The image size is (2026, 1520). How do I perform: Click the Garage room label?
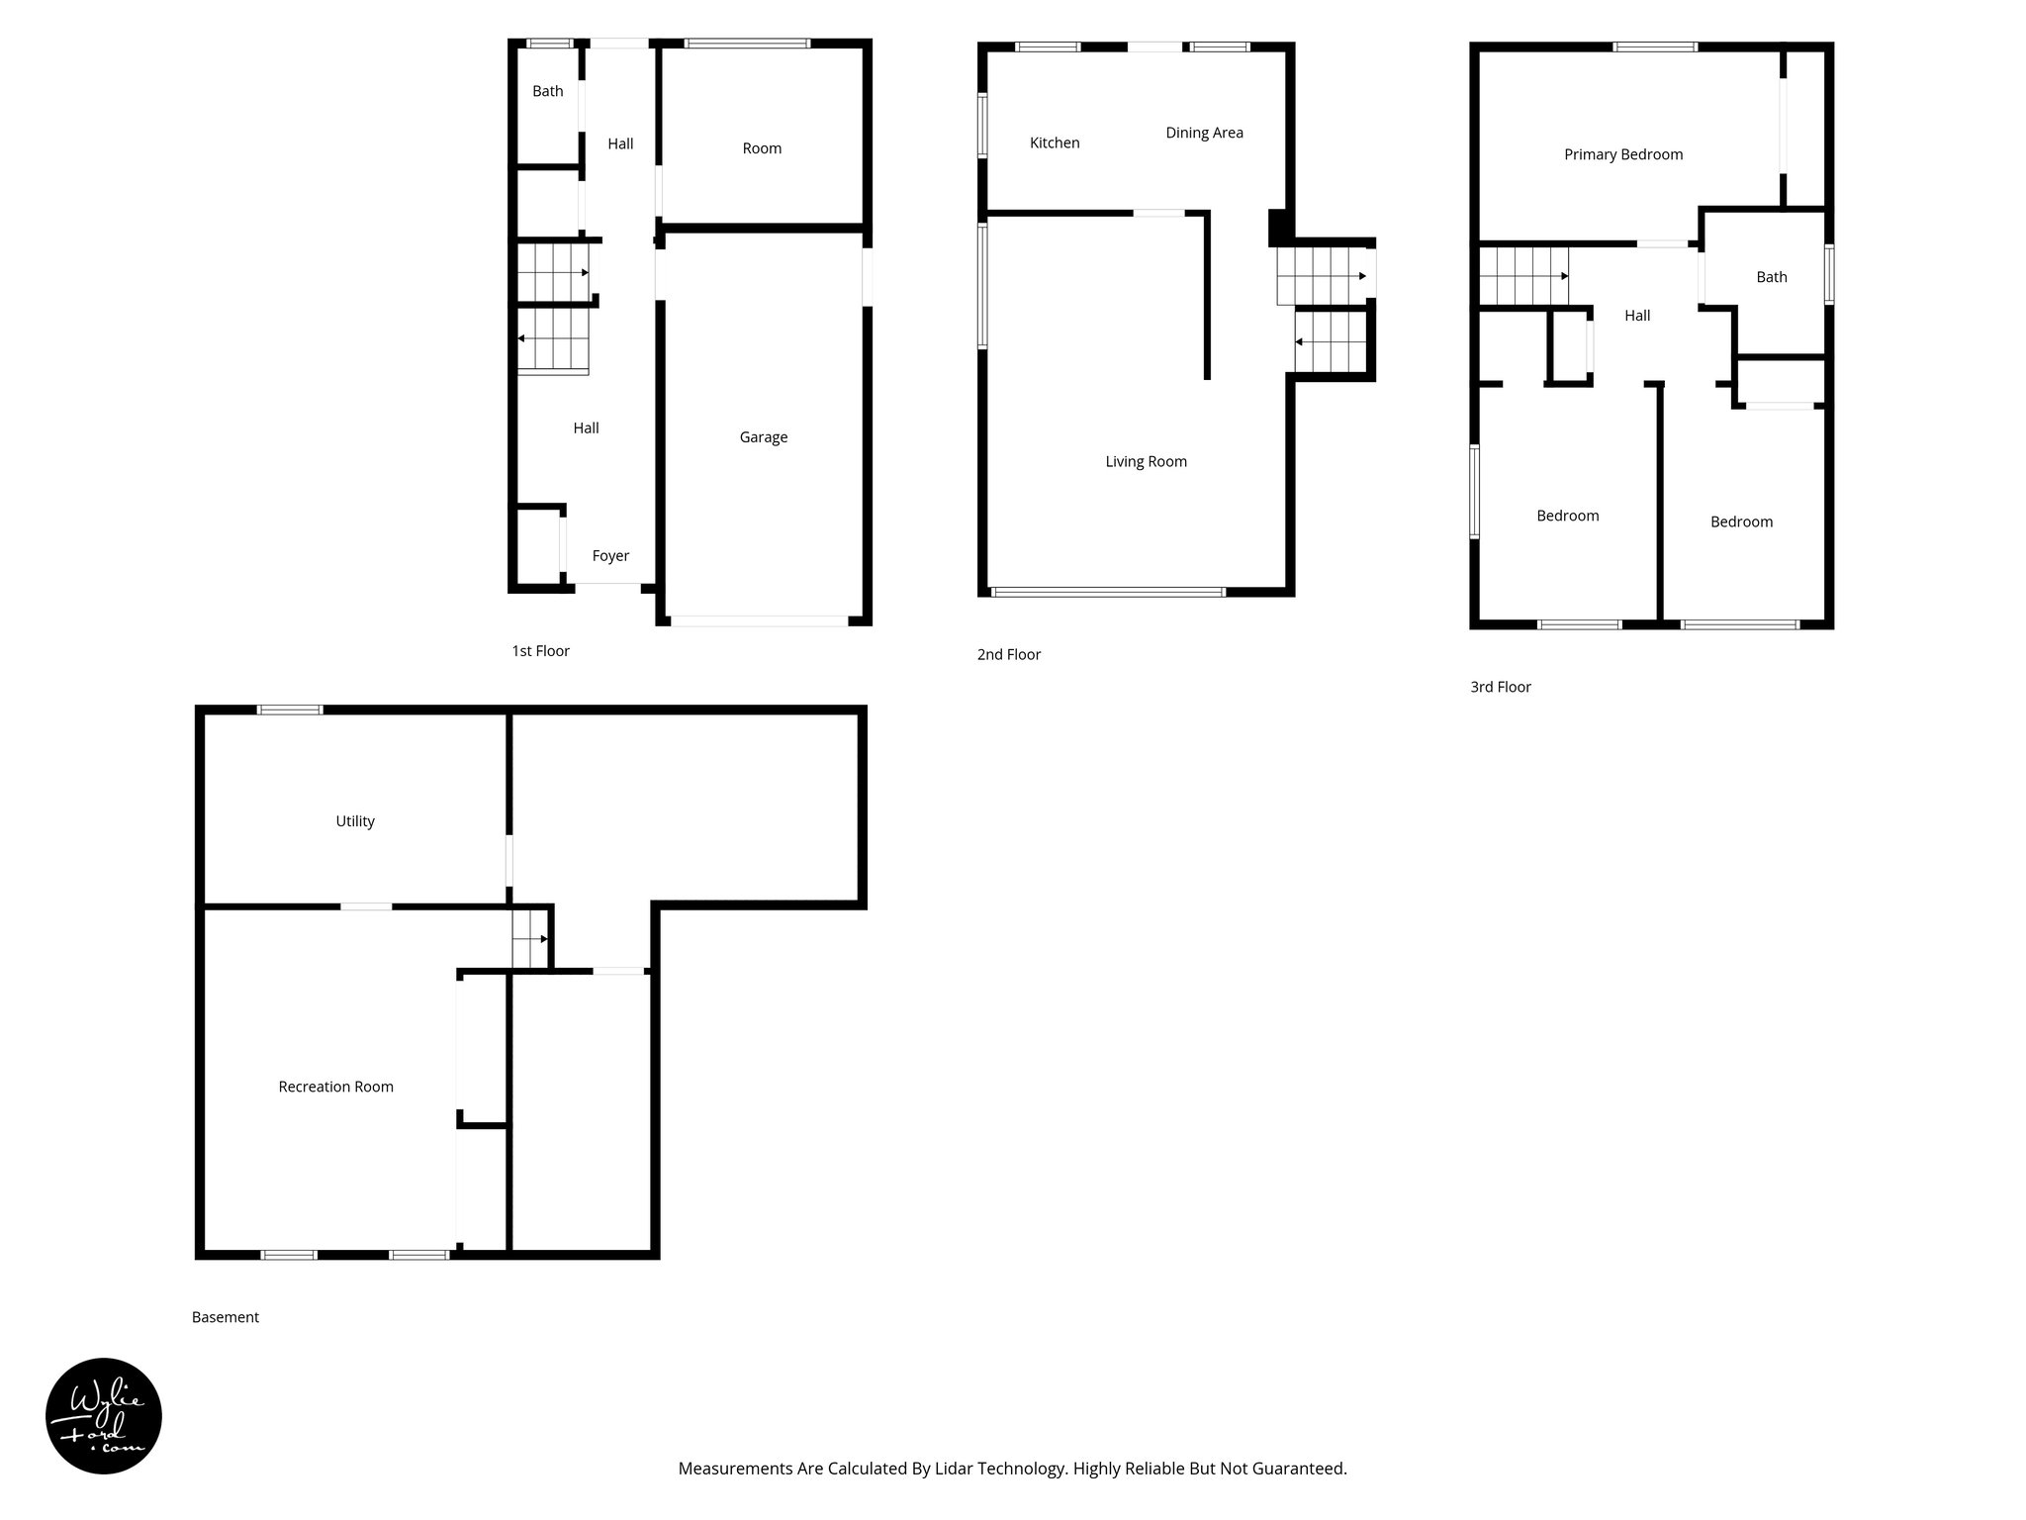tap(763, 437)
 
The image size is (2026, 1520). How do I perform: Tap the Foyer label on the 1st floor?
tap(610, 556)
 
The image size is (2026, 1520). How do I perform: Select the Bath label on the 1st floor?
tap(547, 91)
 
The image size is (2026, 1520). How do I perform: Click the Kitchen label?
tap(1055, 142)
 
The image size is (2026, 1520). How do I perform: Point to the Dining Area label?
tap(1204, 133)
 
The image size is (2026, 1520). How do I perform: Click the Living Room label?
tap(1146, 461)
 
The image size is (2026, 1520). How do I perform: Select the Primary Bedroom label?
tap(1622, 154)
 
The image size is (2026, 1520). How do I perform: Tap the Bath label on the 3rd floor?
tap(1771, 277)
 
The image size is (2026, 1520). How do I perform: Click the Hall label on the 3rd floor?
tap(1637, 316)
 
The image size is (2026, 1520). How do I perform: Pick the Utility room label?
tap(355, 821)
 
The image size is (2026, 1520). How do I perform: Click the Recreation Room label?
tap(335, 1087)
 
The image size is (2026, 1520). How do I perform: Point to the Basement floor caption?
tap(226, 1317)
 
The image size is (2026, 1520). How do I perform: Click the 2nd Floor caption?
tap(1008, 654)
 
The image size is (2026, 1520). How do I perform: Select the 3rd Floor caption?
tap(1500, 687)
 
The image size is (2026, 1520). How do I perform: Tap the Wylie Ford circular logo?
tap(104, 1416)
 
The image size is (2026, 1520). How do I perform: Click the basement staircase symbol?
tap(530, 938)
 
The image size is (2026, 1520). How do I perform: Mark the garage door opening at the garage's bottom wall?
tap(759, 621)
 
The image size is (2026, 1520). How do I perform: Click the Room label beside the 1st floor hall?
tap(762, 148)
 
